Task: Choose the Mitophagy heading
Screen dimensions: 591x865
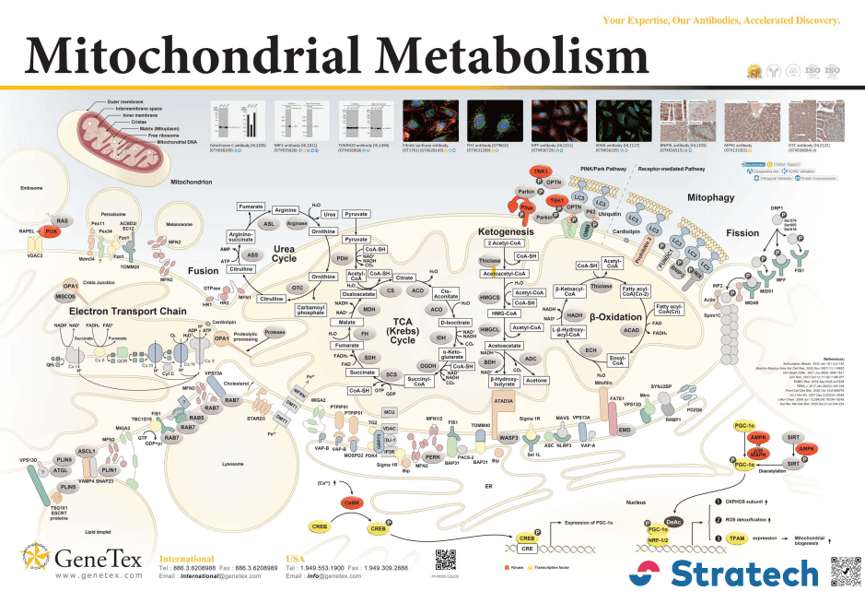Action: click(715, 197)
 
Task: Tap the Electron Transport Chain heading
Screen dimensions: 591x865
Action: click(120, 311)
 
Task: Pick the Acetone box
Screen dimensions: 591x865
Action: click(537, 379)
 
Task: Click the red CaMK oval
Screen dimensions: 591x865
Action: click(350, 502)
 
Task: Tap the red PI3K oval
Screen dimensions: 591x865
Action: click(52, 232)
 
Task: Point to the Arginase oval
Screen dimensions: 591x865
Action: click(297, 222)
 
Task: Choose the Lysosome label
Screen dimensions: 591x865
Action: click(233, 452)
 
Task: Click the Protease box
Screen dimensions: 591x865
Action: click(275, 331)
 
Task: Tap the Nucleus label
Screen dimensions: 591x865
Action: click(636, 502)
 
